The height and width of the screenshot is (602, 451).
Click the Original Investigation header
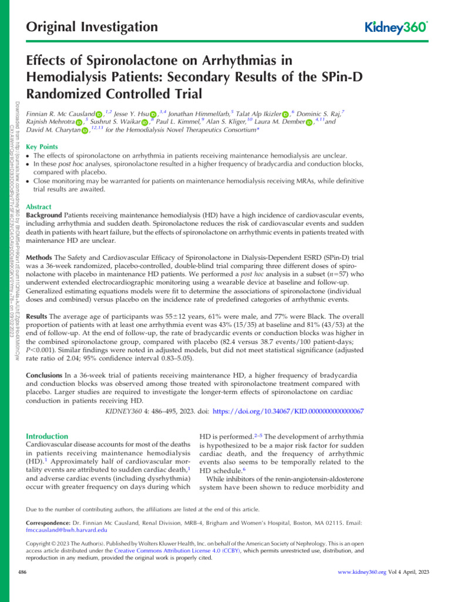[x=93, y=27]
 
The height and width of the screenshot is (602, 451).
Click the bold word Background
[x=46, y=216]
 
